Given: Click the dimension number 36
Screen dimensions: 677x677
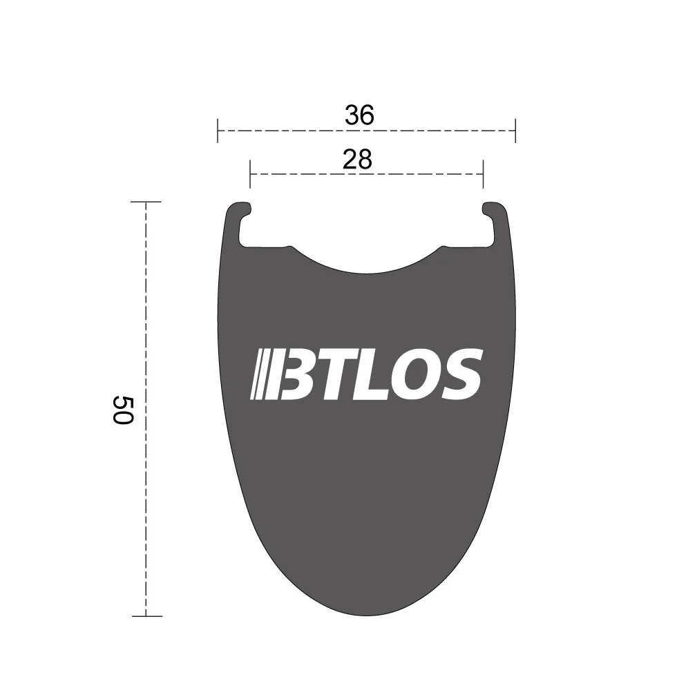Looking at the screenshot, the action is [x=359, y=115].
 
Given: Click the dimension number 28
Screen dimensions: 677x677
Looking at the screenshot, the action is [x=357, y=160].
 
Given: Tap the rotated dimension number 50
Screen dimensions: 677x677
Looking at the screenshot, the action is [x=123, y=410].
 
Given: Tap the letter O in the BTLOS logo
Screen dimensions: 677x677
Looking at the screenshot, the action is [x=417, y=374].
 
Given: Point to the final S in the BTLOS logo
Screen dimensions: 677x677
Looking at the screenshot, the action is [x=460, y=374].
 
